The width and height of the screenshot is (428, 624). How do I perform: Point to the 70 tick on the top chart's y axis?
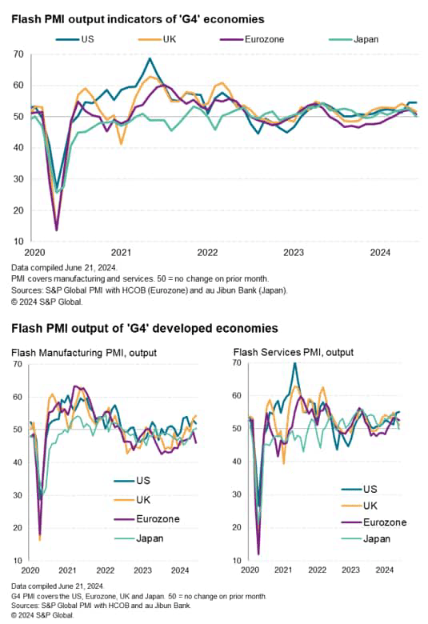17,54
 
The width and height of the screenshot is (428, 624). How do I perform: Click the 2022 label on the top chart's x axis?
207,251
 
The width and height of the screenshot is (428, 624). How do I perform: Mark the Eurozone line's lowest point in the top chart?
56,230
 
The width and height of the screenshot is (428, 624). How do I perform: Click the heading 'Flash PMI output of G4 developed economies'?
144,328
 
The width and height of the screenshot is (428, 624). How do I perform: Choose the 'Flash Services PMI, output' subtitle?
294,352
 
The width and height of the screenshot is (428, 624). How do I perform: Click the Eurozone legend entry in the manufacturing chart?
146,518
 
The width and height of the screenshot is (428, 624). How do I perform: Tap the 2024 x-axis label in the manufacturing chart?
179,570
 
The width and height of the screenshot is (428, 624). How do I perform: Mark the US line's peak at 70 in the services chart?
294,364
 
